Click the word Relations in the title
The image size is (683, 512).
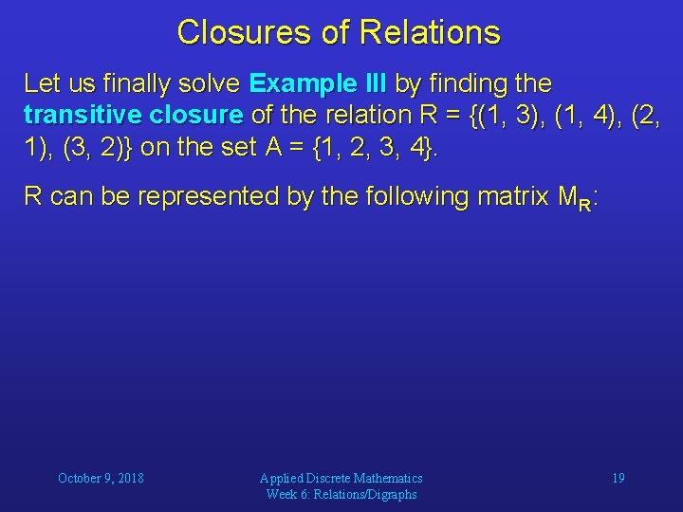point(431,33)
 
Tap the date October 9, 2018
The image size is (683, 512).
point(101,478)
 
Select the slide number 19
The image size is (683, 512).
point(618,478)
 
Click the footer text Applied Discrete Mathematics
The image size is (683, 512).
point(341,478)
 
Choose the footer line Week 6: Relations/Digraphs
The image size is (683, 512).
point(341,494)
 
